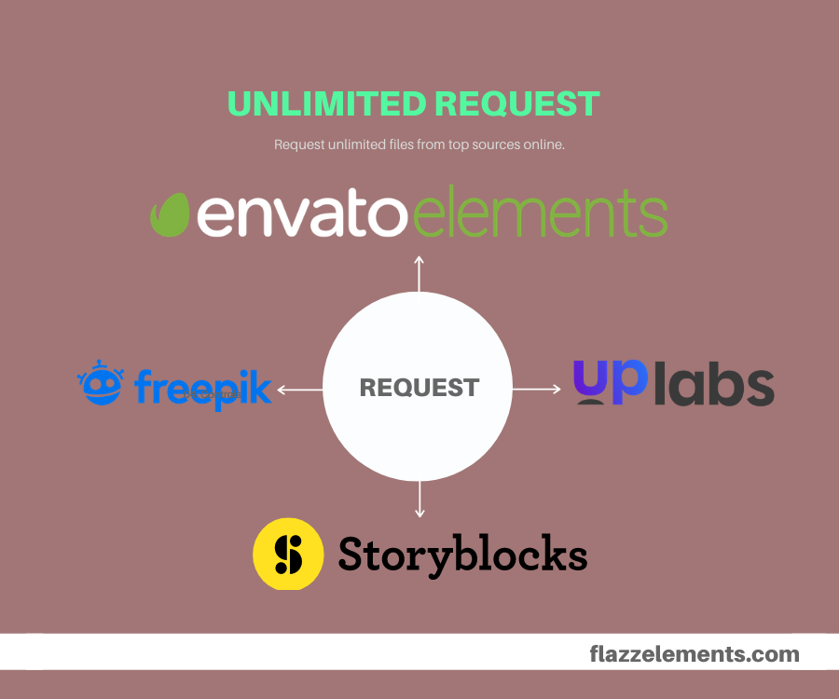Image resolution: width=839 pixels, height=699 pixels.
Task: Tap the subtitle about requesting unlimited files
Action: (x=419, y=145)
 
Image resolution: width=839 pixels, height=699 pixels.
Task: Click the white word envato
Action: (x=301, y=214)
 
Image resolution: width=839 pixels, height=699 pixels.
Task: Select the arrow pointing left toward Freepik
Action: (x=298, y=390)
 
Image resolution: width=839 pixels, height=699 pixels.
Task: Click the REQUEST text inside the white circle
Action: (x=419, y=388)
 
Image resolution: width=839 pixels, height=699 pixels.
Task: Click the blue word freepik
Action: (x=202, y=388)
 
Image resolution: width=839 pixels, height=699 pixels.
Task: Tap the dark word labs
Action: (x=714, y=385)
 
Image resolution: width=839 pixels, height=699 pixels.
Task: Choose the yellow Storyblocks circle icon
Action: (x=288, y=554)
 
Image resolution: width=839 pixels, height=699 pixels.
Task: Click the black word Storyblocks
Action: (x=462, y=554)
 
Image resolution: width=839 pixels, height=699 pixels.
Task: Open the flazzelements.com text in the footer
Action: (x=695, y=653)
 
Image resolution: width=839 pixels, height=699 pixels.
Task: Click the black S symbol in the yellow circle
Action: (x=288, y=555)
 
